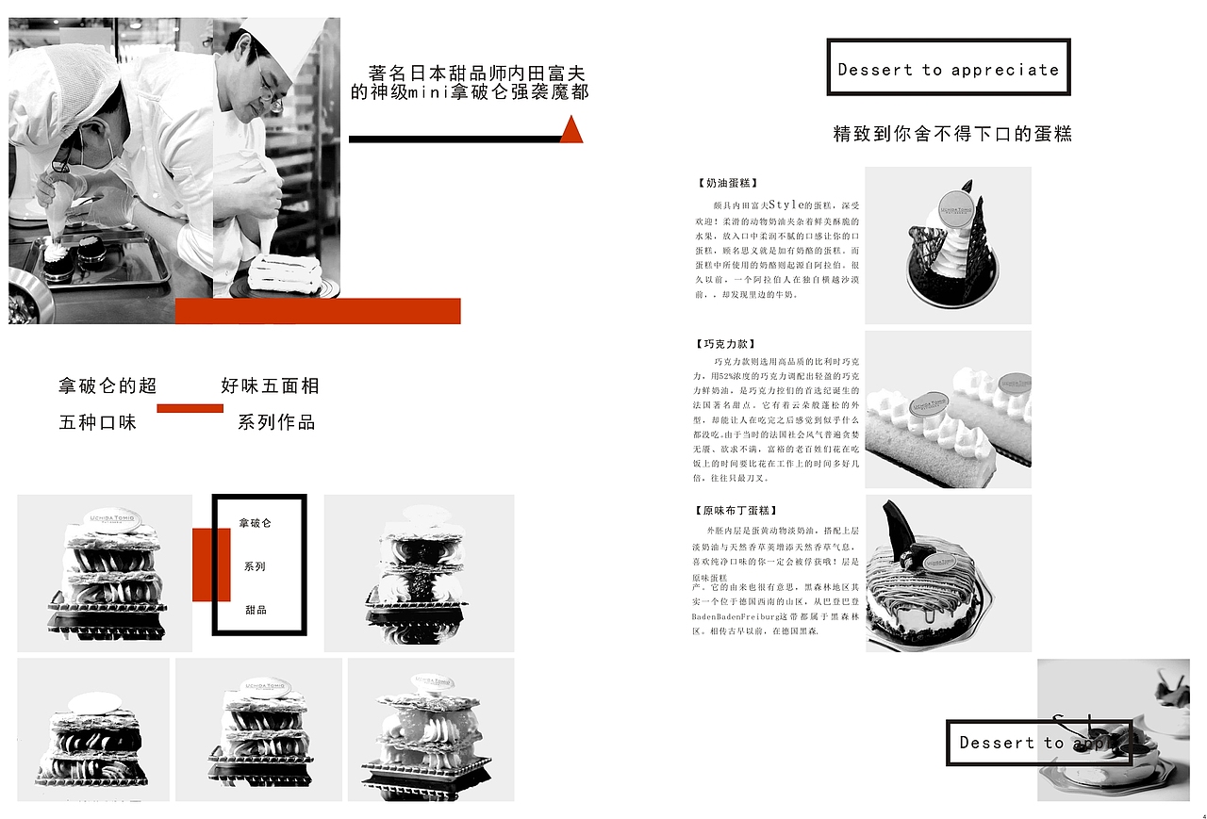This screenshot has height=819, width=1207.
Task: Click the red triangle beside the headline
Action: [x=571, y=131]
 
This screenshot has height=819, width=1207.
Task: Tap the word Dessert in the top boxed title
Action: [x=875, y=70]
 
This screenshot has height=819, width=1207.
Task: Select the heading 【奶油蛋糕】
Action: [x=727, y=184]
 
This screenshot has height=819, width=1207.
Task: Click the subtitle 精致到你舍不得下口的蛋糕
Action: [x=951, y=134]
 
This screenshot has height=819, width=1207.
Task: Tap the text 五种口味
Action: [x=98, y=422]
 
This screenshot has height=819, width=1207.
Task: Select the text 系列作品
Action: [x=276, y=422]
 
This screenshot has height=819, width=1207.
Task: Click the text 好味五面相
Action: [x=270, y=385]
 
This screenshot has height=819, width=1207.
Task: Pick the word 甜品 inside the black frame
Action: [x=256, y=610]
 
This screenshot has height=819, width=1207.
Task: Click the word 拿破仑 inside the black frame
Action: [x=256, y=522]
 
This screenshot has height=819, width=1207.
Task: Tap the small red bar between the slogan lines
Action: [x=190, y=408]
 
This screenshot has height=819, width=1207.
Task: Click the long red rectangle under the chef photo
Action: [x=318, y=311]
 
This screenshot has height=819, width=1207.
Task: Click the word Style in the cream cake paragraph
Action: [x=787, y=205]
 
